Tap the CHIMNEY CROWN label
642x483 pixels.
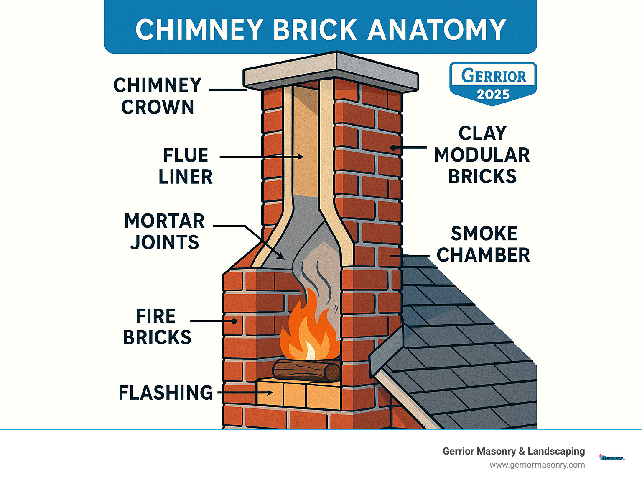click(158, 96)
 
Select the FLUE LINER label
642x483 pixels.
click(186, 166)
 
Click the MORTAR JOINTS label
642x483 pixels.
click(165, 231)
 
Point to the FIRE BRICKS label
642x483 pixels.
click(157, 327)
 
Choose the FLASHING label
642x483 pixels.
click(166, 393)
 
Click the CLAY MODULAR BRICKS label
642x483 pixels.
click(482, 155)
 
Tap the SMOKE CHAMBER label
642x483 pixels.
click(484, 244)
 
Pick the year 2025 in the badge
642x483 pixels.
click(493, 95)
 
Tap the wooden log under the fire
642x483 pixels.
click(306, 370)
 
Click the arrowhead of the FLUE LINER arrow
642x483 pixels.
click(300, 157)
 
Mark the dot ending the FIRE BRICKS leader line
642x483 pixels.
click(234, 321)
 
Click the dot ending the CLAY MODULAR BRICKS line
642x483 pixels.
click(393, 148)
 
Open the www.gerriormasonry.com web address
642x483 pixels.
click(537, 465)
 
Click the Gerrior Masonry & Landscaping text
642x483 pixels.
click(514, 451)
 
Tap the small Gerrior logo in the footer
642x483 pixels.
click(612, 458)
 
